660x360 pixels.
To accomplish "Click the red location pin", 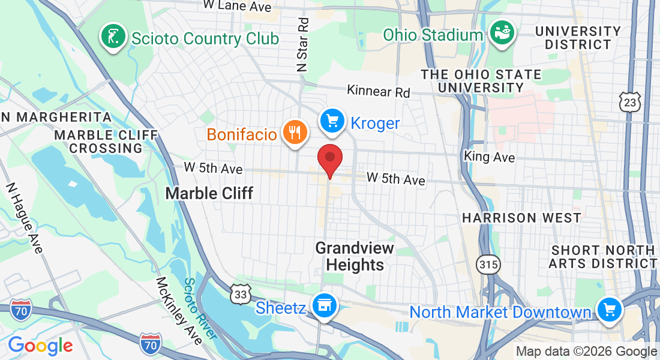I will tap(329, 158).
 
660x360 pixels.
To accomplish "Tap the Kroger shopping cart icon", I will tap(332, 122).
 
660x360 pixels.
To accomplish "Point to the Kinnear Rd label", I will tap(379, 92).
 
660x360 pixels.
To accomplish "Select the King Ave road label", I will tap(490, 157).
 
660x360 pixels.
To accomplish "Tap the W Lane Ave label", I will tap(237, 6).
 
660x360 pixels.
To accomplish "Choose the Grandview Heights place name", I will tap(355, 256).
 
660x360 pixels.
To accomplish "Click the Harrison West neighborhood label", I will tap(521, 218).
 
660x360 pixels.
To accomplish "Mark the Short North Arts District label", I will tap(604, 256).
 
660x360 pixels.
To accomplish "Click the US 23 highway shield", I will tap(631, 102).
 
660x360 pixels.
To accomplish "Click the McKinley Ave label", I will tap(178, 310).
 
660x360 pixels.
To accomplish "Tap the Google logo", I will tap(40, 346).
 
